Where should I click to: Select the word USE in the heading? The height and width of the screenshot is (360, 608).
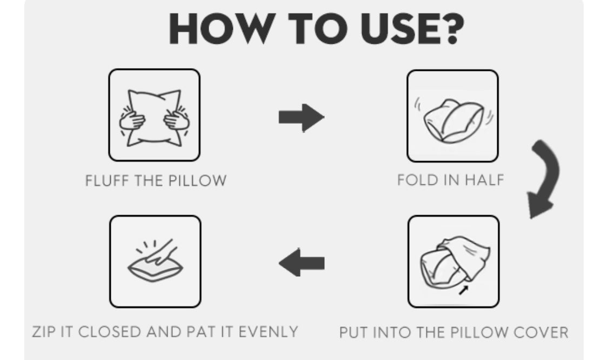click(399, 29)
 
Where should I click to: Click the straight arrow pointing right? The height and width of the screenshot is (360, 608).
click(301, 117)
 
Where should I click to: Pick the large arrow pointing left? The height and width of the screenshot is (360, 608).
click(301, 263)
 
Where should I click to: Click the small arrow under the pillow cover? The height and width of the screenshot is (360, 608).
click(463, 290)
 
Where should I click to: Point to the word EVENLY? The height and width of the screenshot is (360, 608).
click(268, 332)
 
